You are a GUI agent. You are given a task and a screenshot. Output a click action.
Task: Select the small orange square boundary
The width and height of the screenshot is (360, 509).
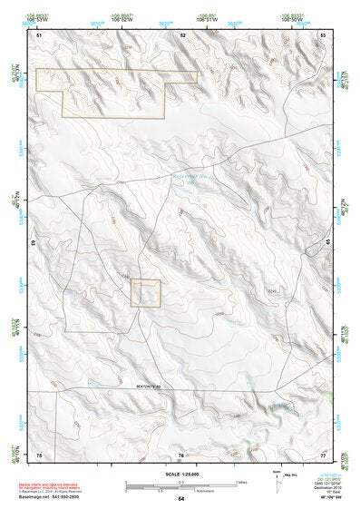point(145,292)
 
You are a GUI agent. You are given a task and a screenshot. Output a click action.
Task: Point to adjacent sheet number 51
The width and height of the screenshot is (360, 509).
point(38,34)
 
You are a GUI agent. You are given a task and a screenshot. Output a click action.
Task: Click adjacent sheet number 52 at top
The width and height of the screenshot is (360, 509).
point(182,34)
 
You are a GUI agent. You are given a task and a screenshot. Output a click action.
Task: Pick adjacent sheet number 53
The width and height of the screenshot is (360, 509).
point(323,34)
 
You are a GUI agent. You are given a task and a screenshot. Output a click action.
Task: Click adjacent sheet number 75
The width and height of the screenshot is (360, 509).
point(38,453)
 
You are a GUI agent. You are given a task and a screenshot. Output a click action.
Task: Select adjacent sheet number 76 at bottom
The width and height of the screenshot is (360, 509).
point(181,454)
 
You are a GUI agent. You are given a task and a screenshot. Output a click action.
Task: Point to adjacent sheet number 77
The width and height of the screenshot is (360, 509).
point(323,453)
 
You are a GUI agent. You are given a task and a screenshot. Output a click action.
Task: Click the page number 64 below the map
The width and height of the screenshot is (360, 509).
point(181,498)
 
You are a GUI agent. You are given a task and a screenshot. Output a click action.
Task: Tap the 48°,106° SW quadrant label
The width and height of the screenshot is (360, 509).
point(331,498)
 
